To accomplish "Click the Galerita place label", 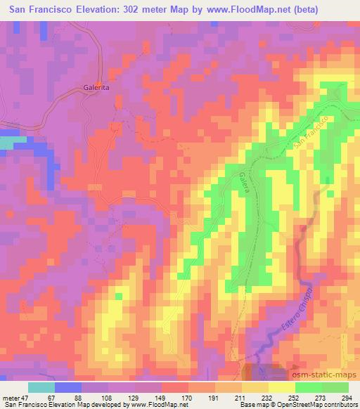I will tap(92, 89).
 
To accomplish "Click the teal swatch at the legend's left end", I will tap(41, 387).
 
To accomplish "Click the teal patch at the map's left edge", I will tap(6, 142).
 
